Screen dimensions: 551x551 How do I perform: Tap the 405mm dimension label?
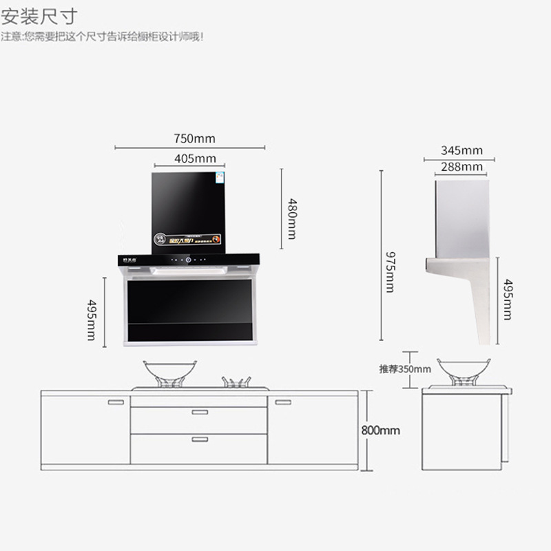click(195, 158)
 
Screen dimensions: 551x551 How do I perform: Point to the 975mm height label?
click(390, 272)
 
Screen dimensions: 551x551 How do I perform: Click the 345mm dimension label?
click(461, 150)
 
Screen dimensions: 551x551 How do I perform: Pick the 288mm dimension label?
click(461, 167)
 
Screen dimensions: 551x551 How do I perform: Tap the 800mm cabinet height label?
click(380, 430)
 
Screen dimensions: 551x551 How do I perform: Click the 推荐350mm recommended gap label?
click(404, 368)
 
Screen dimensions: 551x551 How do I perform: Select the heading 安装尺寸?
click(39, 15)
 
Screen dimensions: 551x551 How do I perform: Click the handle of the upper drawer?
click(200, 412)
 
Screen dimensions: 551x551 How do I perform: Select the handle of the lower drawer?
click(200, 439)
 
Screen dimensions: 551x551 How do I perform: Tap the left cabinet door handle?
click(116, 402)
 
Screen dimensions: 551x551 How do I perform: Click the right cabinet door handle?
click(282, 402)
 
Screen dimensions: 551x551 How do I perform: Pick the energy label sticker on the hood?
click(220, 178)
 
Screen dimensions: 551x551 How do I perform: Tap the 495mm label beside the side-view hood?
click(508, 299)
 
